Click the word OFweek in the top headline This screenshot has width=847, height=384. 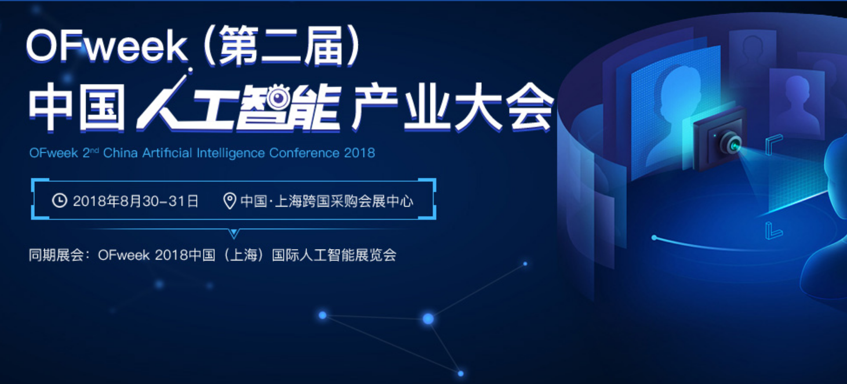107,46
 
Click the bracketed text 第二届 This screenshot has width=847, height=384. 281,46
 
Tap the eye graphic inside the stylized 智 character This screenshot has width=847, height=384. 278,98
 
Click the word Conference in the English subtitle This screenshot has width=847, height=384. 304,153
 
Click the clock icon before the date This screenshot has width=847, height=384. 59,200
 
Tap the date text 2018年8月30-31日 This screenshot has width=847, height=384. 136,201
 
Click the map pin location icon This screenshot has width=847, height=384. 230,201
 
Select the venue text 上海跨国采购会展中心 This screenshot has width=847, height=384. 344,201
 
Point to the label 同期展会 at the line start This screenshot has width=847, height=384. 56,255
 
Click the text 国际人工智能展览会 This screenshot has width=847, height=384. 334,255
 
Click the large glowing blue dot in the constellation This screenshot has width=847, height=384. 428,319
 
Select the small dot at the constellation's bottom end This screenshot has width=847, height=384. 460,374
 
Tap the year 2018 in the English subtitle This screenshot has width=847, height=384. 359,153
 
